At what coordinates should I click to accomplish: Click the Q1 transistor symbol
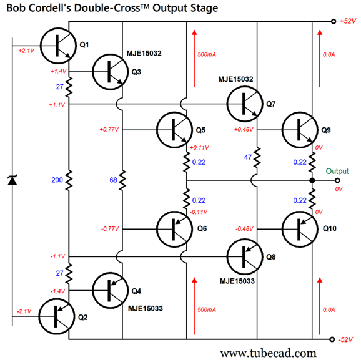(x=58, y=44)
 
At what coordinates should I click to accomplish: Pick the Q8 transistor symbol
(x=244, y=257)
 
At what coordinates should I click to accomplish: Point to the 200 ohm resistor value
(x=57, y=180)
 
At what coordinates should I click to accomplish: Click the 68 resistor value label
(x=112, y=180)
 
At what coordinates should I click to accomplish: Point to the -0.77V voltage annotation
(x=109, y=229)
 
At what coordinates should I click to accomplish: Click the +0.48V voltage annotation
(x=243, y=129)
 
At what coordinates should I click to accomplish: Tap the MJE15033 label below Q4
(x=146, y=308)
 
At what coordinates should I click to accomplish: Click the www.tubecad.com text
(x=269, y=353)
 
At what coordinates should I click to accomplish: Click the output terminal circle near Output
(x=334, y=180)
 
